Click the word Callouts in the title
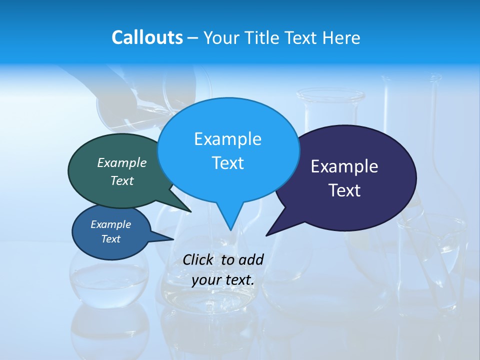147,37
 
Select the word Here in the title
341,37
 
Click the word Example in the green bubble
122,162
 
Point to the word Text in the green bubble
122,180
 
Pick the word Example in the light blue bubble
227,139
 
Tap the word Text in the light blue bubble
227,163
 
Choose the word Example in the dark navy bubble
344,166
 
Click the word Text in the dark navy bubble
344,190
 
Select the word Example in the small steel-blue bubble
110,224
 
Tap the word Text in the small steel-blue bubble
110,239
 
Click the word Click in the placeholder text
198,259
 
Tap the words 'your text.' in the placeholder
223,280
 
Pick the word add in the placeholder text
250,259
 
